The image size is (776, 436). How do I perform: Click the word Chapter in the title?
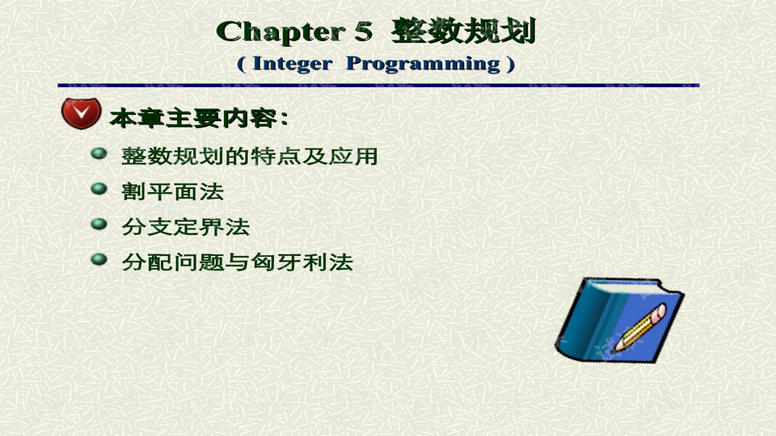pyautogui.click(x=280, y=32)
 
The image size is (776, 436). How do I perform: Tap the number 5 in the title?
pyautogui.click(x=363, y=31)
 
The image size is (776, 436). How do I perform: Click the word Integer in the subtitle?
pyautogui.click(x=292, y=64)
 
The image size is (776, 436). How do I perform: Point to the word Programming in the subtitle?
pyautogui.click(x=423, y=65)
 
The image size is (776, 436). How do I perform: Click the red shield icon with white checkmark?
pyautogui.click(x=81, y=113)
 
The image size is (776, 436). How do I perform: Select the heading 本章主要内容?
pyautogui.click(x=193, y=118)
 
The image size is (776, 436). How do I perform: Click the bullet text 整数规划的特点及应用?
pyautogui.click(x=250, y=156)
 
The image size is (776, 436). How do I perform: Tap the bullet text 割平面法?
pyautogui.click(x=173, y=192)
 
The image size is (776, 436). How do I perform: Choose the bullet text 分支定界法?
pyautogui.click(x=186, y=227)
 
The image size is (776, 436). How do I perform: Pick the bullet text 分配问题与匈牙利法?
pyautogui.click(x=237, y=262)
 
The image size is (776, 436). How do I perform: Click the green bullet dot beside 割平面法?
pyautogui.click(x=99, y=189)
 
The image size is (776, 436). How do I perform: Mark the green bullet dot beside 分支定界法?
pyautogui.click(x=99, y=224)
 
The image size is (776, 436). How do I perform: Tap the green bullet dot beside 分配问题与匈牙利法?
pyautogui.click(x=99, y=259)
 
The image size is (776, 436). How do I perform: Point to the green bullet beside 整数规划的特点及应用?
pyautogui.click(x=99, y=153)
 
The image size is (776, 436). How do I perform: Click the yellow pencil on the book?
pyautogui.click(x=639, y=329)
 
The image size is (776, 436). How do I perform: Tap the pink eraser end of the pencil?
pyautogui.click(x=659, y=312)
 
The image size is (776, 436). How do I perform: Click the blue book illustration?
pyautogui.click(x=619, y=320)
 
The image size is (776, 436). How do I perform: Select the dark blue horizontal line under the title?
pyautogui.click(x=378, y=86)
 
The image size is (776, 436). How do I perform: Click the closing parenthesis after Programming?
pyautogui.click(x=511, y=65)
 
